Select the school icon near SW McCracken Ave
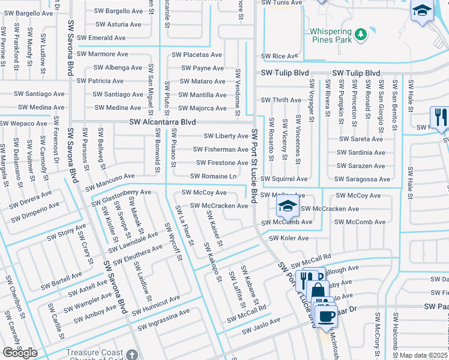pos(287,208)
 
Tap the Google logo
pos(20,353)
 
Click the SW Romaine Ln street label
pos(213,176)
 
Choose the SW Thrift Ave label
pos(281,100)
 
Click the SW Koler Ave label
pos(288,238)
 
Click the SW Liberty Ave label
pos(226,136)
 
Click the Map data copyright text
pos(424,355)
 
